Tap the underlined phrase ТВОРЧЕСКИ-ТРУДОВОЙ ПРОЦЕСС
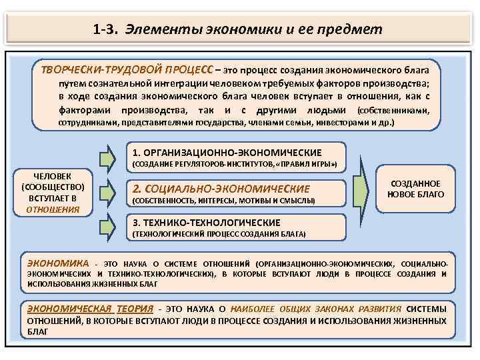click(127, 69)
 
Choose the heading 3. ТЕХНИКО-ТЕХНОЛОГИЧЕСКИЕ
click(207, 223)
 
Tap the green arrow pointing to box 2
click(108, 191)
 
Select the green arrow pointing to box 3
click(108, 223)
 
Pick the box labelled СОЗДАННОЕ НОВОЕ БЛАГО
click(415, 189)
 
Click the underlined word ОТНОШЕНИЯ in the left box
click(53, 209)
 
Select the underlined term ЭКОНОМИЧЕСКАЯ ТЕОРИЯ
click(90, 309)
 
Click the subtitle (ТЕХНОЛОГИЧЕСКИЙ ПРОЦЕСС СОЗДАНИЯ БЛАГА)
click(219, 235)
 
